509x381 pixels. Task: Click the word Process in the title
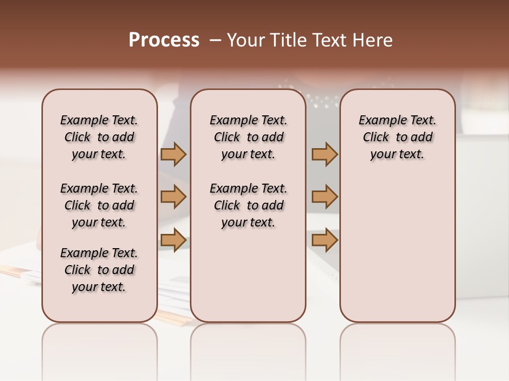tap(164, 40)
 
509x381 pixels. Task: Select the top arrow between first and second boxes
tap(173, 154)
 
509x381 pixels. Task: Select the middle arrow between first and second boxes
tap(173, 197)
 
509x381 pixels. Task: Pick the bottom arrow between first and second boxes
tap(173, 240)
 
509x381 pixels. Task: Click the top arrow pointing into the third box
tap(324, 154)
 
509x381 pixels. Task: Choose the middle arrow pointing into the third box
tap(324, 197)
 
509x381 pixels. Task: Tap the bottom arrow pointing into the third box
tap(324, 240)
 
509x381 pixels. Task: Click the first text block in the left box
tap(99, 137)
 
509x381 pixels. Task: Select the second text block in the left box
tap(99, 205)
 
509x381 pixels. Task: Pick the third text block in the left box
tap(99, 270)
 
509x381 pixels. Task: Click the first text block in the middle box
tap(248, 137)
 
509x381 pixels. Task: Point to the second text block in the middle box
tap(248, 205)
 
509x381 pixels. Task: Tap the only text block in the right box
tap(397, 137)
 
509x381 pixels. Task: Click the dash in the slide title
tap(215, 40)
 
